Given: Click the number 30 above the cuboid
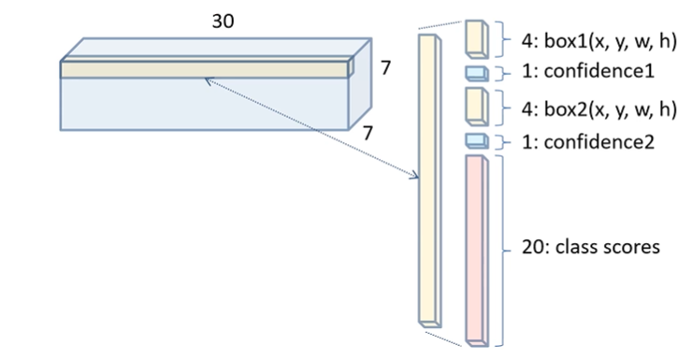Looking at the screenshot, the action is tap(223, 22).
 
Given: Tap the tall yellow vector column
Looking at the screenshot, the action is tap(430, 180).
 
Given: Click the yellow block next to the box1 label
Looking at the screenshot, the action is tap(477, 39).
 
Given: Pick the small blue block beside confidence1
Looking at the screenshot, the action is tap(477, 74).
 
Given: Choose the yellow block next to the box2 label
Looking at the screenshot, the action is tap(477, 107).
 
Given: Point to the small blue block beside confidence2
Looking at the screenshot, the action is tap(477, 141).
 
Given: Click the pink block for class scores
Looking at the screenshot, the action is tap(477, 251).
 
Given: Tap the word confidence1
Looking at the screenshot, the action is tap(598, 71).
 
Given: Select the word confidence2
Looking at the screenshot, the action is tap(598, 142).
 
